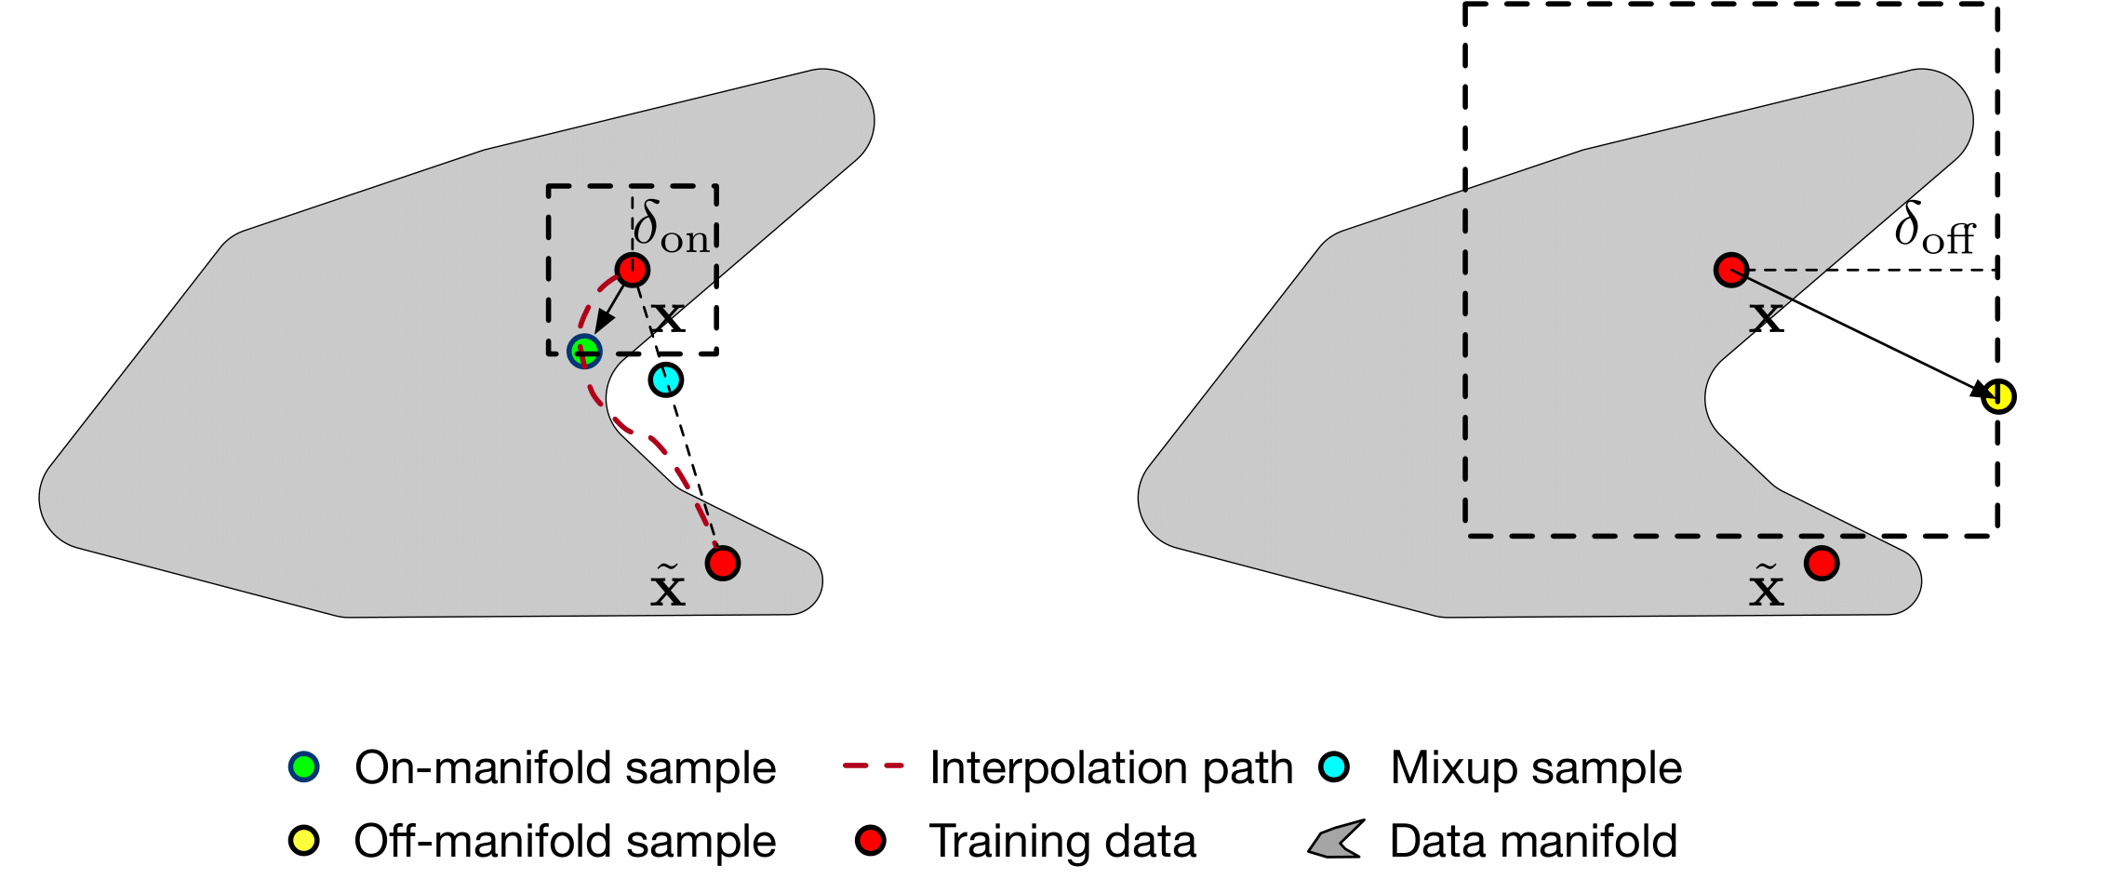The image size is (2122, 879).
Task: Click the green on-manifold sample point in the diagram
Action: point(584,351)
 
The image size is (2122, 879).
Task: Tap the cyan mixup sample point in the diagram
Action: point(666,380)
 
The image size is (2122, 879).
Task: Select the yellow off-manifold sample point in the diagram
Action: point(1998,396)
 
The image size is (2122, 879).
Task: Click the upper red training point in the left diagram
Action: point(633,270)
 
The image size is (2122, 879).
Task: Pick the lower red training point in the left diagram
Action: point(723,563)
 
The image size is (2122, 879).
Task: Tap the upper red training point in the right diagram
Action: point(1730,270)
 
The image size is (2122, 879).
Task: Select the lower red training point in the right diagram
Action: point(1822,563)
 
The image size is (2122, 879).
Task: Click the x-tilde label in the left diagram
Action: point(667,586)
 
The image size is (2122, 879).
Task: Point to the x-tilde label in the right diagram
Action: point(1766,586)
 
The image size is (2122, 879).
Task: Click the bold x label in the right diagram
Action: point(1766,318)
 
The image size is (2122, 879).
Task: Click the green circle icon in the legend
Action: point(304,766)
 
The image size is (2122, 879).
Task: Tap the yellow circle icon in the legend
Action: point(304,840)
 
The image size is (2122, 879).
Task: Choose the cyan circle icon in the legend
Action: point(1334,766)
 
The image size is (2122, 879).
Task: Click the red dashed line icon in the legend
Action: point(873,766)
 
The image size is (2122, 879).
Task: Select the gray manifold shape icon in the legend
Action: point(1337,839)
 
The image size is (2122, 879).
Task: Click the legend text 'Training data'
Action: point(1062,841)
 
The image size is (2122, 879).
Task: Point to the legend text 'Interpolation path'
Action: point(1111,768)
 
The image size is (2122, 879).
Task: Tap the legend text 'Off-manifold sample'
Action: point(565,841)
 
